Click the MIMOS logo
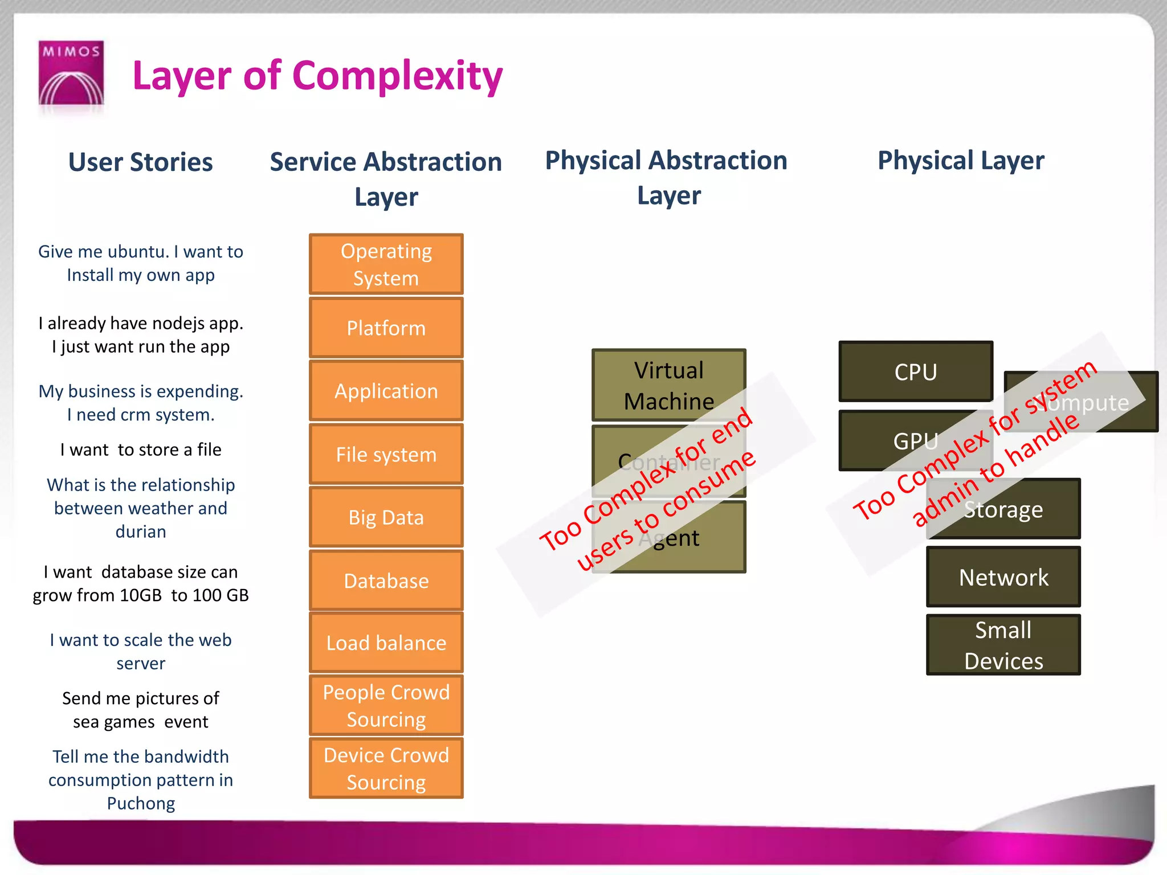click(x=71, y=73)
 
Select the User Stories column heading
click(x=140, y=162)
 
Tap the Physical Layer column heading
click(x=961, y=161)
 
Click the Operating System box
click(x=386, y=264)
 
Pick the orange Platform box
click(x=386, y=328)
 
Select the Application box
click(x=386, y=391)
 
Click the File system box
click(x=386, y=455)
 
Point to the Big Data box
click(x=386, y=517)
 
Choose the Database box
click(x=386, y=580)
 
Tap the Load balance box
click(x=386, y=643)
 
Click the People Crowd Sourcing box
click(x=386, y=705)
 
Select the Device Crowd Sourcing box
click(x=386, y=768)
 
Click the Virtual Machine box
click(x=668, y=385)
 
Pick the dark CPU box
click(x=915, y=372)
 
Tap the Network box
click(x=1003, y=577)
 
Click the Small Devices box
click(x=1003, y=645)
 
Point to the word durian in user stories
click(x=141, y=531)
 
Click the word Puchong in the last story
click(x=141, y=803)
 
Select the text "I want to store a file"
click(x=141, y=449)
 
